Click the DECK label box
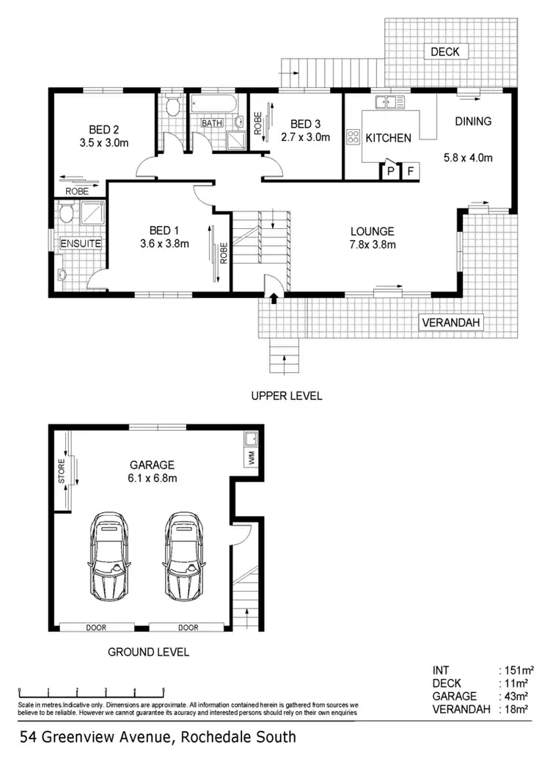point(444,51)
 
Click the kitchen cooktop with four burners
point(352,136)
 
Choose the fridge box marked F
point(411,171)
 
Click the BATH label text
point(212,123)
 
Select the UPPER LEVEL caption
point(287,396)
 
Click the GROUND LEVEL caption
point(148,651)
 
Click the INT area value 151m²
point(516,669)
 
